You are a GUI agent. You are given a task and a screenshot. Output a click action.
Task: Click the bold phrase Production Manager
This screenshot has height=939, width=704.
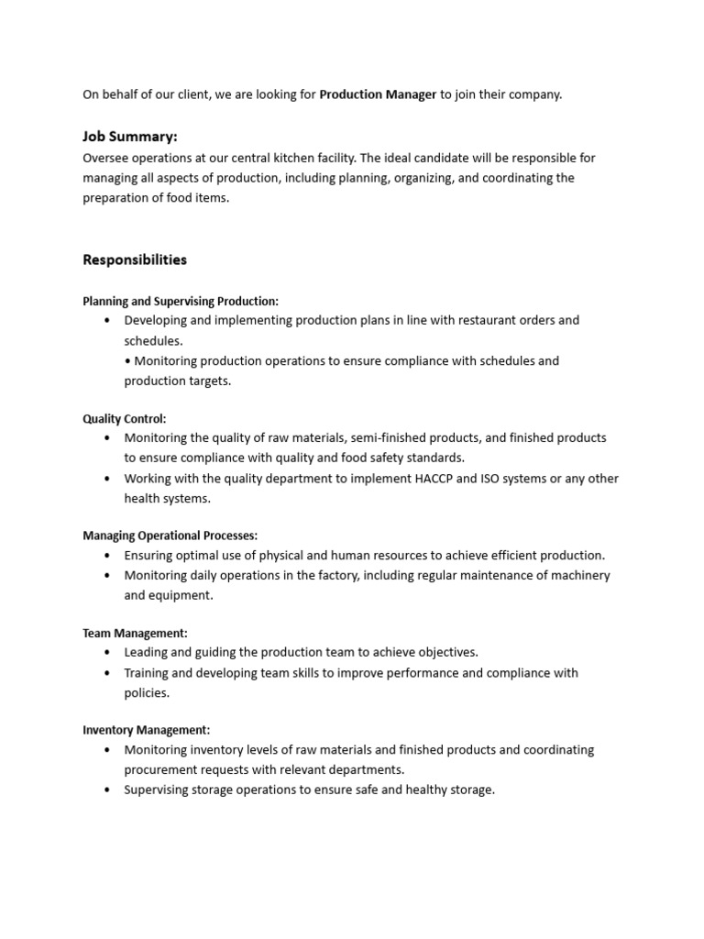click(x=378, y=94)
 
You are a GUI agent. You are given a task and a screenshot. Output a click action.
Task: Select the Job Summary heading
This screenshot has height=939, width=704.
click(x=129, y=137)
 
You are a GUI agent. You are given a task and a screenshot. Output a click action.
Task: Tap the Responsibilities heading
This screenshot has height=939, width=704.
click(x=135, y=260)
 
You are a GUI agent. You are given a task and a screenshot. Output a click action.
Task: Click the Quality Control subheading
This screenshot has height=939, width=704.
click(x=125, y=418)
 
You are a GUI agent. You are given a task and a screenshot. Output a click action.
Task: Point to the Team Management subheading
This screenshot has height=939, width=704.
click(x=135, y=633)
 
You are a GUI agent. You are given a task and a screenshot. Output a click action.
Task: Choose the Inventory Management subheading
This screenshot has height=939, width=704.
click(x=147, y=730)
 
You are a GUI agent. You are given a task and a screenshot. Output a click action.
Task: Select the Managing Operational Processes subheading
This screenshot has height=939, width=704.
click(x=170, y=535)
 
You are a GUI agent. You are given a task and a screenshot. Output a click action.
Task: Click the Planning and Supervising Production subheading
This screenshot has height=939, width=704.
click(x=181, y=301)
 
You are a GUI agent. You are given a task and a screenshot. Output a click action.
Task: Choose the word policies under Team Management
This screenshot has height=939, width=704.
click(x=147, y=692)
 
